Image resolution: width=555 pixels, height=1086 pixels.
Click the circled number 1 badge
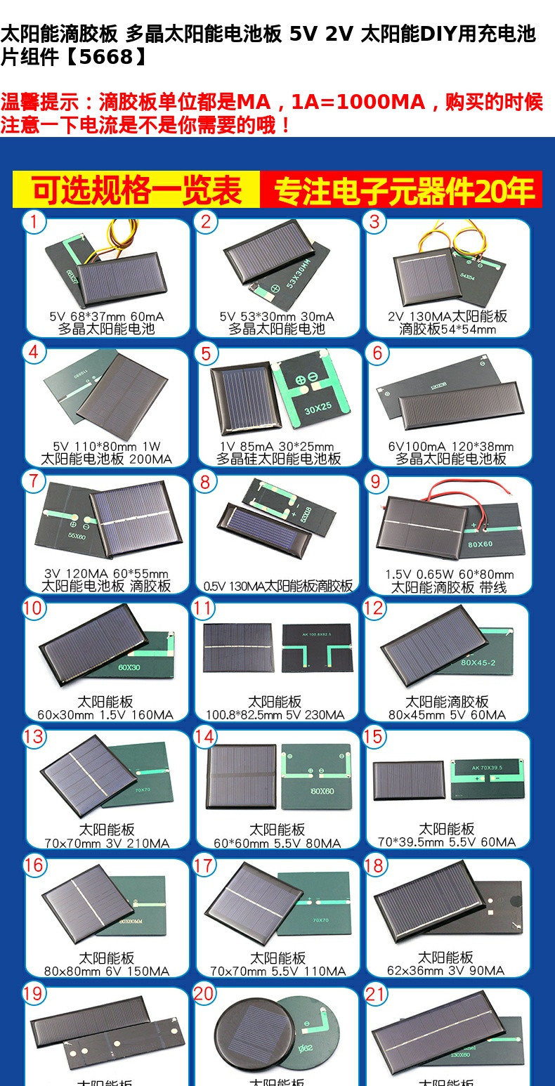pos(34,222)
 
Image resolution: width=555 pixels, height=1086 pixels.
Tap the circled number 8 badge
pos(205,482)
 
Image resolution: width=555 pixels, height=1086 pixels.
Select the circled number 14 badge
pos(204,736)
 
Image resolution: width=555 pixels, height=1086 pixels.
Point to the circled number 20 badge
pos(204,993)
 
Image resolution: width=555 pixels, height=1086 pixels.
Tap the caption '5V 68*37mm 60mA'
pos(107,317)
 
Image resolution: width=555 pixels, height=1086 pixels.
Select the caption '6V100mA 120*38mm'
pos(451,447)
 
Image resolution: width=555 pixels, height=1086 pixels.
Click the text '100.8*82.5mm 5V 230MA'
pos(275,715)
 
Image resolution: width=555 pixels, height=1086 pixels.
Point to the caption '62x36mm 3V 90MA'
pos(446,971)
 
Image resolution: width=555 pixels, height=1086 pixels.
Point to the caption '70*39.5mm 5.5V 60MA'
pos(447,842)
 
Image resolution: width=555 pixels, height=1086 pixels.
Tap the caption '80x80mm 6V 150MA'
pos(107,971)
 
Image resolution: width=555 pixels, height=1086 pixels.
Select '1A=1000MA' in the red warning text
pos(358,103)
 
